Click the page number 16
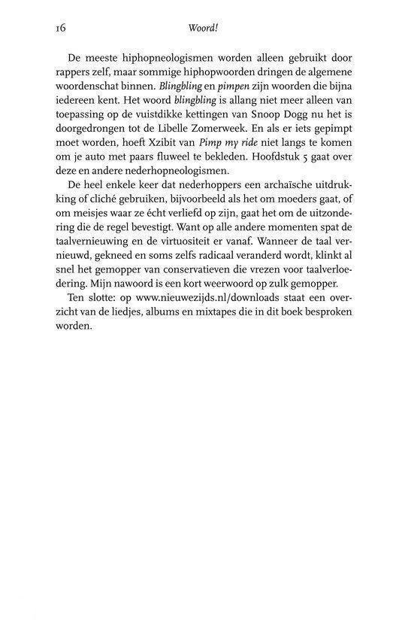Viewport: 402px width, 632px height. [61, 29]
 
